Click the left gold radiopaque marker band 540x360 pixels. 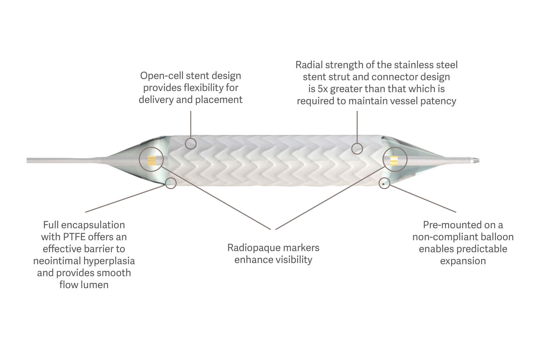pyautogui.click(x=152, y=160)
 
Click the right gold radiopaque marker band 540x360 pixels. pyautogui.click(x=394, y=160)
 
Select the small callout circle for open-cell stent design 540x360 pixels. pyautogui.click(x=191, y=143)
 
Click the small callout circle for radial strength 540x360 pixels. pyautogui.click(x=357, y=148)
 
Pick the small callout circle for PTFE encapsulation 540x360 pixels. pyautogui.click(x=171, y=183)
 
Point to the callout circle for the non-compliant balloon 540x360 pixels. pyautogui.click(x=384, y=183)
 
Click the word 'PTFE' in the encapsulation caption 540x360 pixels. pyautogui.click(x=74, y=237)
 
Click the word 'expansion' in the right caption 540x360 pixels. pyautogui.click(x=463, y=261)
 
